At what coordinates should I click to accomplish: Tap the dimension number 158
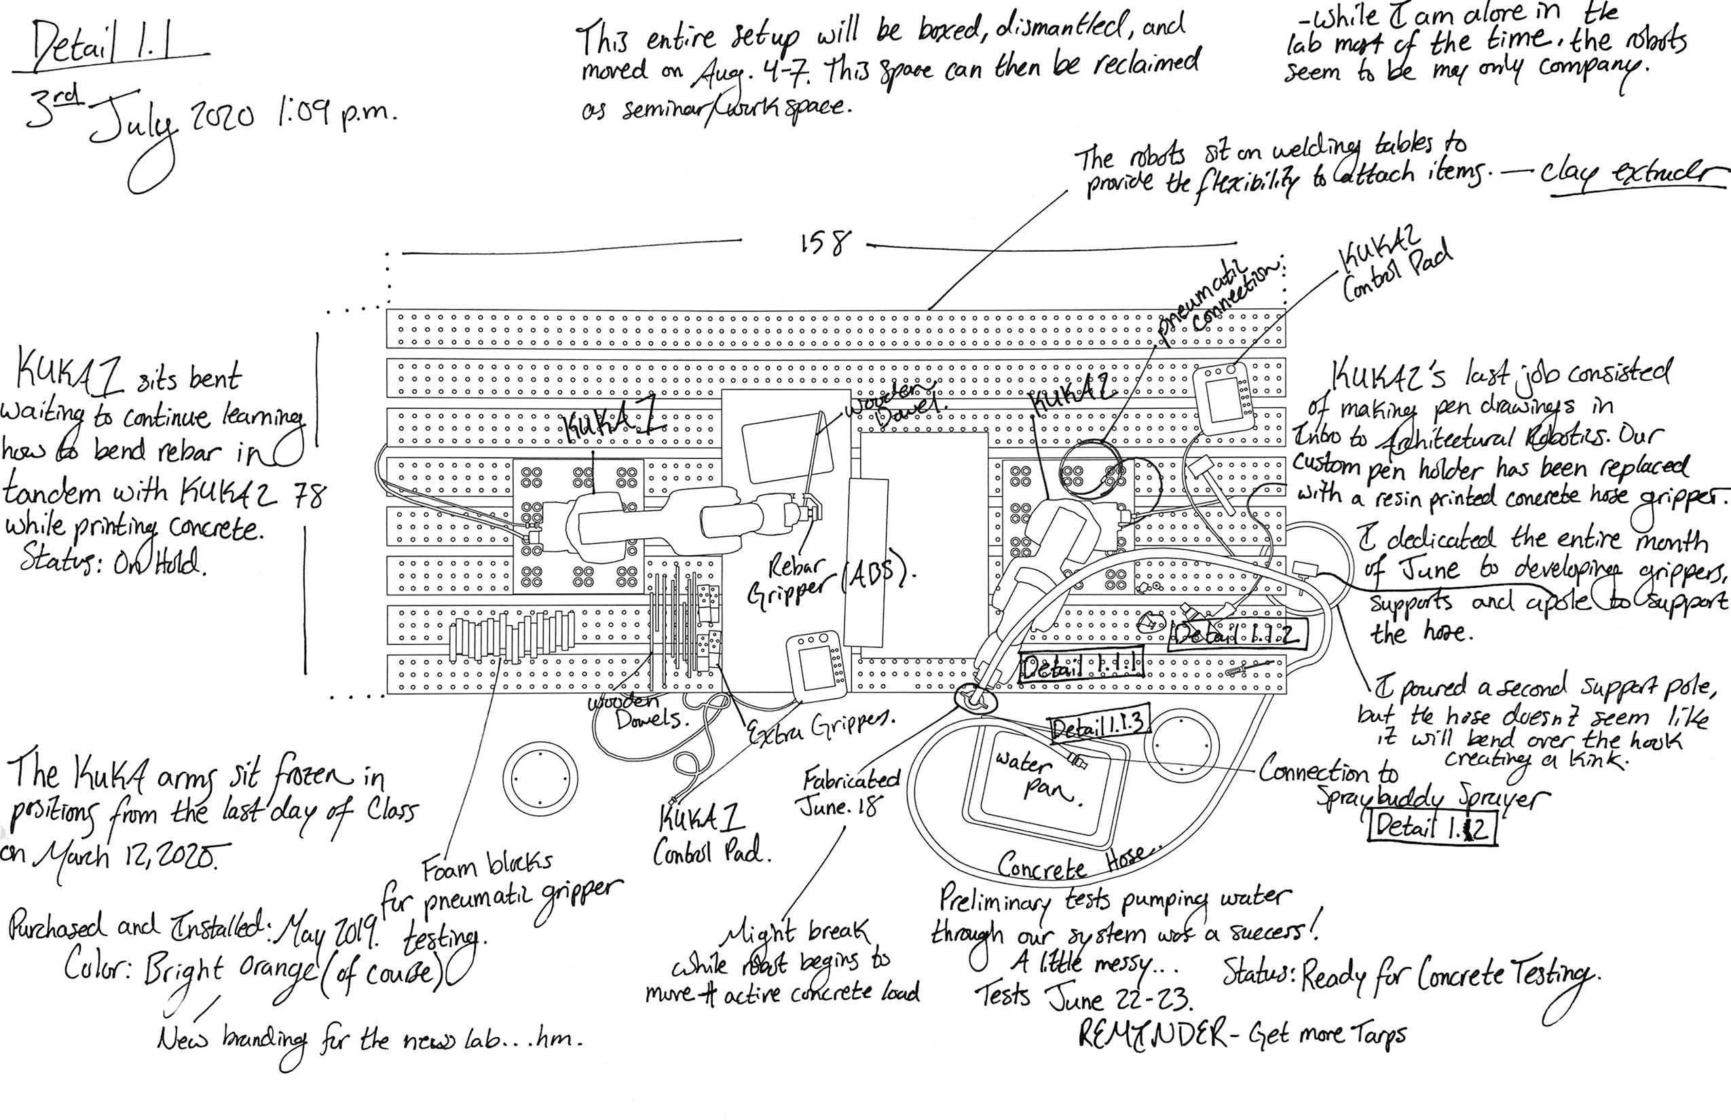(823, 243)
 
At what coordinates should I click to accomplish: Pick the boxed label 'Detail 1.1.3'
(1100, 724)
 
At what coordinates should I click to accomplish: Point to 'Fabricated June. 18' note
(849, 793)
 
